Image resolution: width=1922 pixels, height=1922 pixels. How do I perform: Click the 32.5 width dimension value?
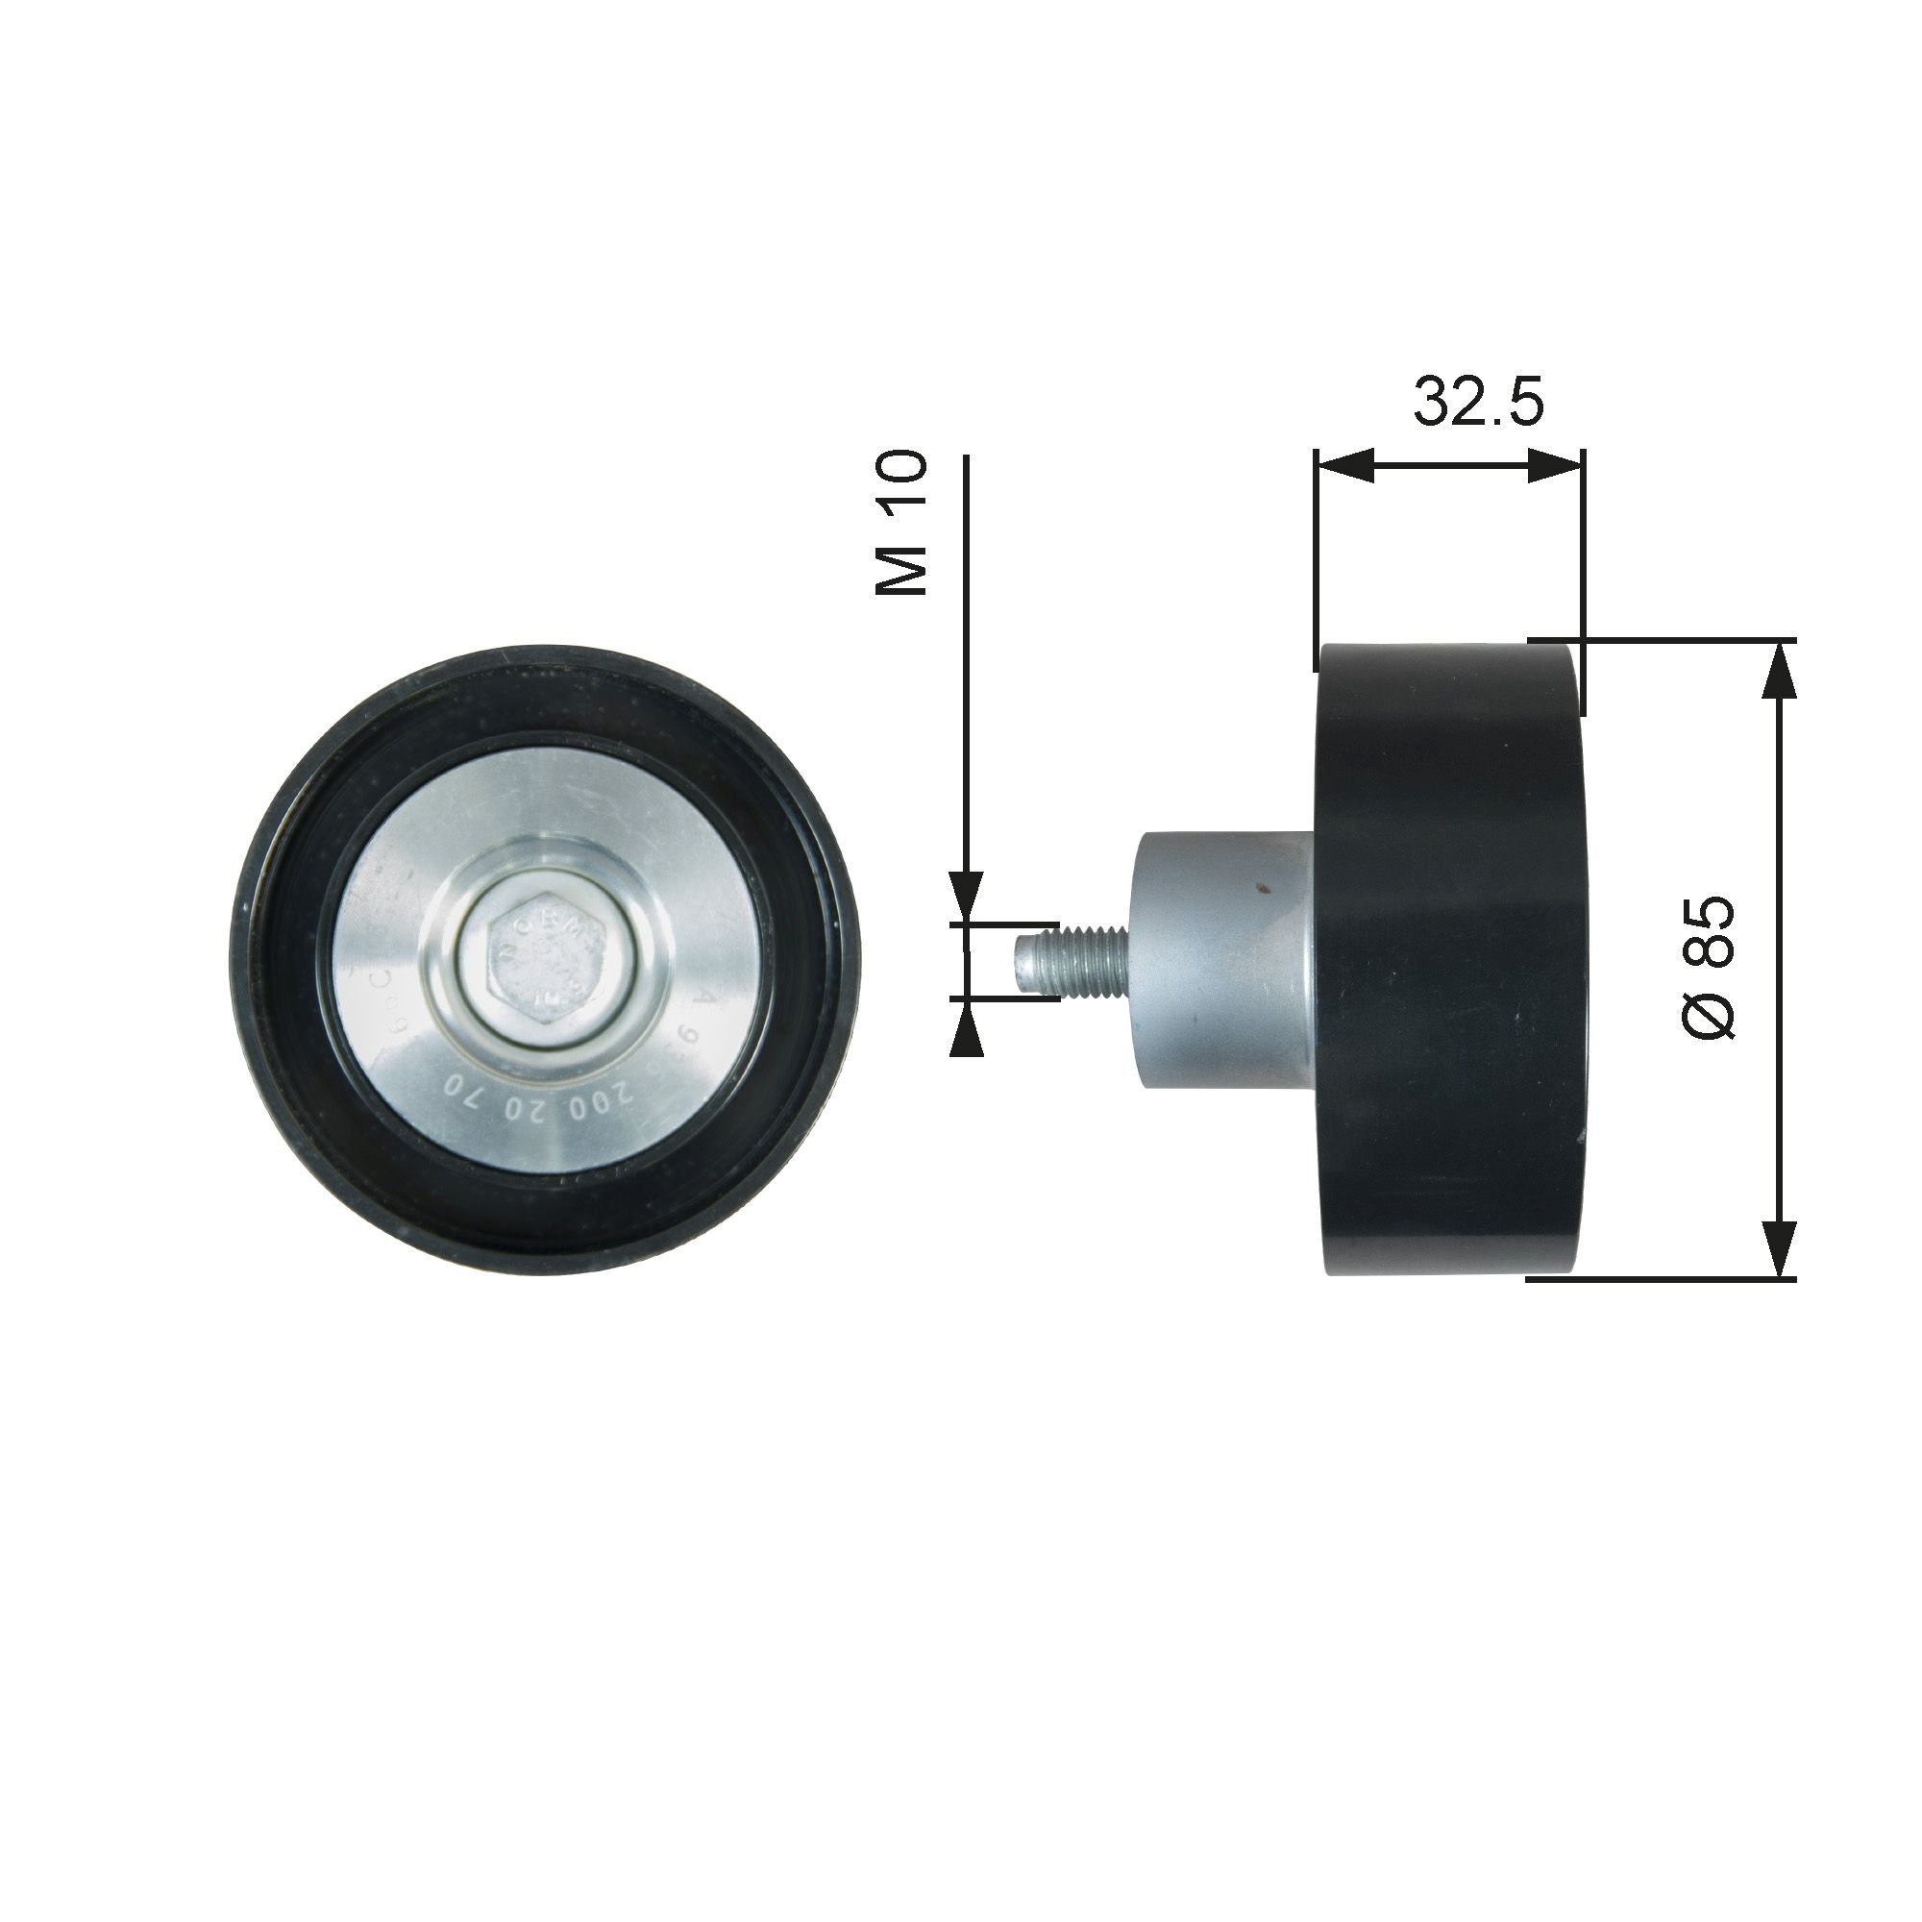coord(1478,402)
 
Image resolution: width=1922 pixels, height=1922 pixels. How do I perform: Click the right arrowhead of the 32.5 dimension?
coord(1554,464)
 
